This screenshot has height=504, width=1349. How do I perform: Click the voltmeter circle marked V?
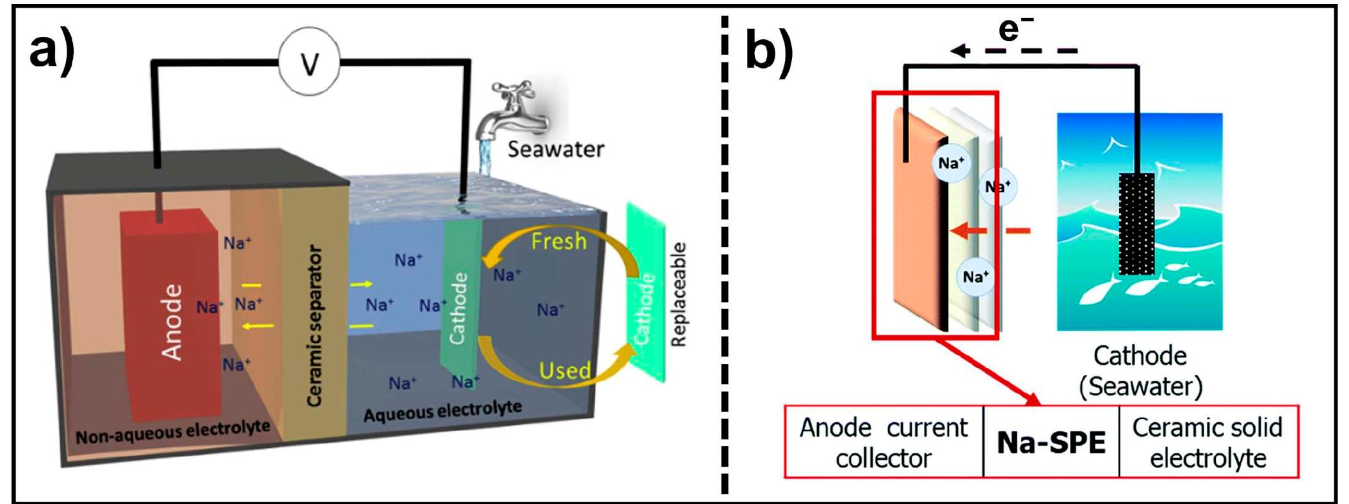pos(310,62)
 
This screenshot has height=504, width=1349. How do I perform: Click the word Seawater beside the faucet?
pos(556,149)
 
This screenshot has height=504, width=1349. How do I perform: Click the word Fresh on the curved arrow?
pos(558,241)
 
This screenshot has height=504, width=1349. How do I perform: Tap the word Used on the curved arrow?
pos(565,370)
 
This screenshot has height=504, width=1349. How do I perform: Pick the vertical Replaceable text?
pos(678,294)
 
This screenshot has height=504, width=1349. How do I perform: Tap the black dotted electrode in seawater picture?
pos(1136,224)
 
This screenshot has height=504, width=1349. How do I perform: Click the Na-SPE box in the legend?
pos(1051,442)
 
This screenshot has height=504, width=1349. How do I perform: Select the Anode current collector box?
pos(884,442)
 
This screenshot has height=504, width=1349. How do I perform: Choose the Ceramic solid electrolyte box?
pos(1208,442)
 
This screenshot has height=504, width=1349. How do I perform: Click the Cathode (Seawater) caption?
pos(1140,371)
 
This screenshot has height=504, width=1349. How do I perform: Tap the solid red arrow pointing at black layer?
pos(971,231)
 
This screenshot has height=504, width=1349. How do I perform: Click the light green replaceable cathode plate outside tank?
pos(647,294)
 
